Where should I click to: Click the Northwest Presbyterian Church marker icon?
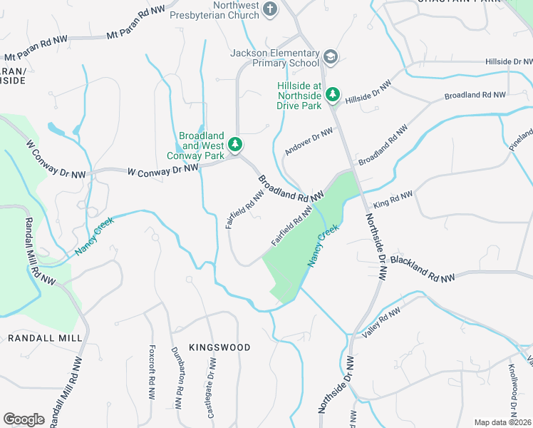[x=270, y=9]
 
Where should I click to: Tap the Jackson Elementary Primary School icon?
[x=330, y=56]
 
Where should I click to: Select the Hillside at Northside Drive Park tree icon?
[x=332, y=94]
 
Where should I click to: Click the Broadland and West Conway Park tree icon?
[x=235, y=146]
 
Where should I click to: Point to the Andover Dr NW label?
[x=309, y=141]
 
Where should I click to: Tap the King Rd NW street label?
[x=393, y=200]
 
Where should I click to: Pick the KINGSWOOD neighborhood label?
[x=219, y=347]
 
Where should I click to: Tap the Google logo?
[x=24, y=419]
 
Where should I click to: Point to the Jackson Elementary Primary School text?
[x=274, y=58]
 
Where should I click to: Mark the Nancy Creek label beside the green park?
[x=323, y=246]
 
